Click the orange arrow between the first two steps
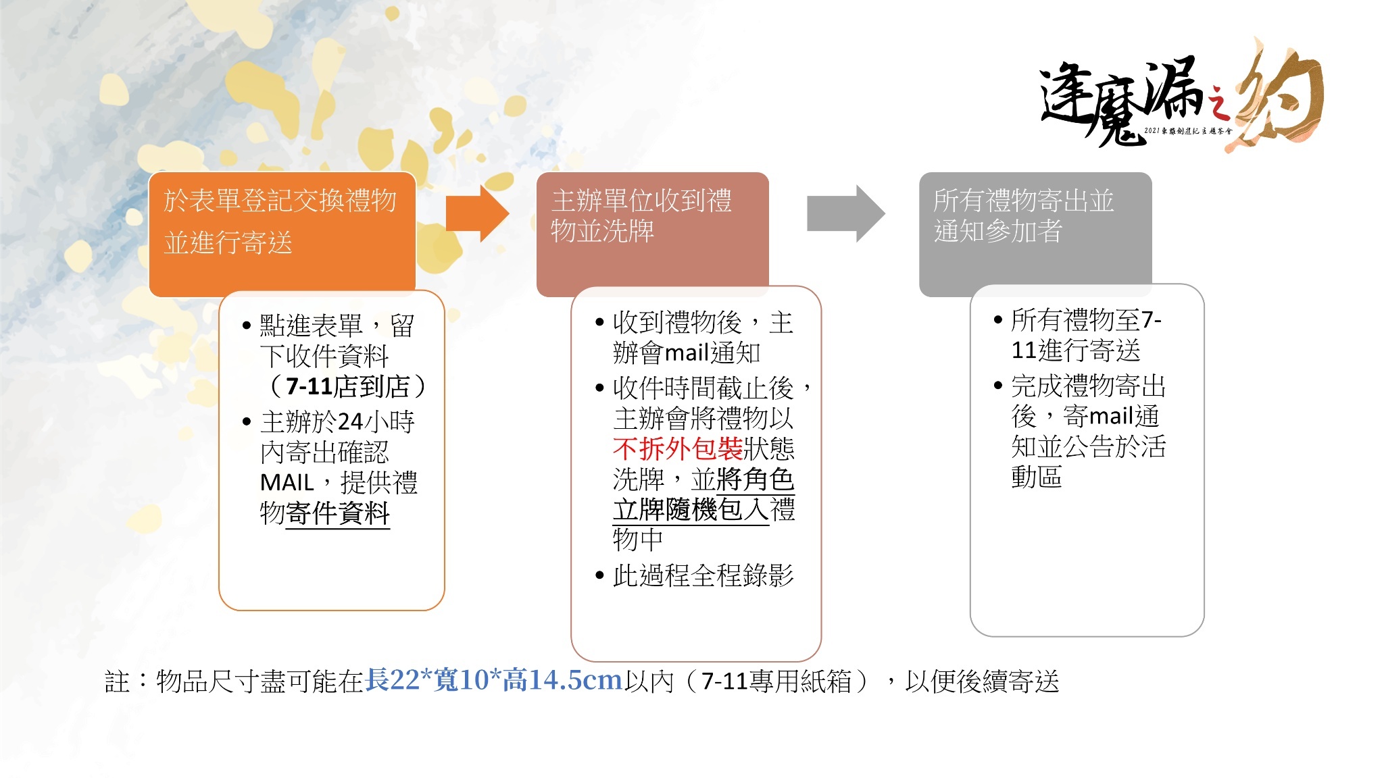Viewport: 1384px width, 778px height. pos(477,213)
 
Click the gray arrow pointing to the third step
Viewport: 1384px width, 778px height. pos(846,213)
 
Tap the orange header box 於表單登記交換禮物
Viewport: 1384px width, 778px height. pos(282,234)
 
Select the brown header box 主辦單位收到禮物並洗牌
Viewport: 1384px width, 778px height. pos(652,234)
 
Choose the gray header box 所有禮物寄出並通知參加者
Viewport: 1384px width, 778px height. pos(1035,234)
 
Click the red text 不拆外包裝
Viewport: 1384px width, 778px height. pos(678,448)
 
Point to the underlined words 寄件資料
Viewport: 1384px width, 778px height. pos(338,513)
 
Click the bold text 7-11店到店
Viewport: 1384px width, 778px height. pos(348,386)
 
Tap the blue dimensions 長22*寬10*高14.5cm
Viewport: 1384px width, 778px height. pos(493,680)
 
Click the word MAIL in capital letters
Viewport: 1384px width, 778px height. pos(287,483)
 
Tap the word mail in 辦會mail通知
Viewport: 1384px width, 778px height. pos(687,353)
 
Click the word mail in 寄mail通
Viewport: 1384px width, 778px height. pos(1111,416)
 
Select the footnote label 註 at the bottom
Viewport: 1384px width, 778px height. pos(117,681)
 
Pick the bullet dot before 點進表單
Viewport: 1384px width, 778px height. pos(246,326)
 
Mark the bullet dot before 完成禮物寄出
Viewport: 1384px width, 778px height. pos(998,386)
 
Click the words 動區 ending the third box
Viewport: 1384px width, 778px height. pos(1037,477)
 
